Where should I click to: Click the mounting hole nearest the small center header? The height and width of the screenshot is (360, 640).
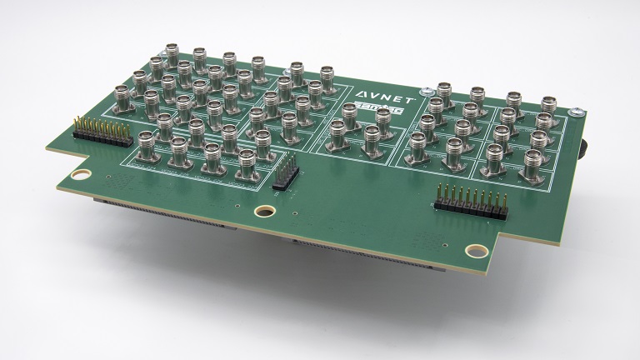click(266, 212)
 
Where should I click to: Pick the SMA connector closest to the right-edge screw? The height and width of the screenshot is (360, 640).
click(548, 108)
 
